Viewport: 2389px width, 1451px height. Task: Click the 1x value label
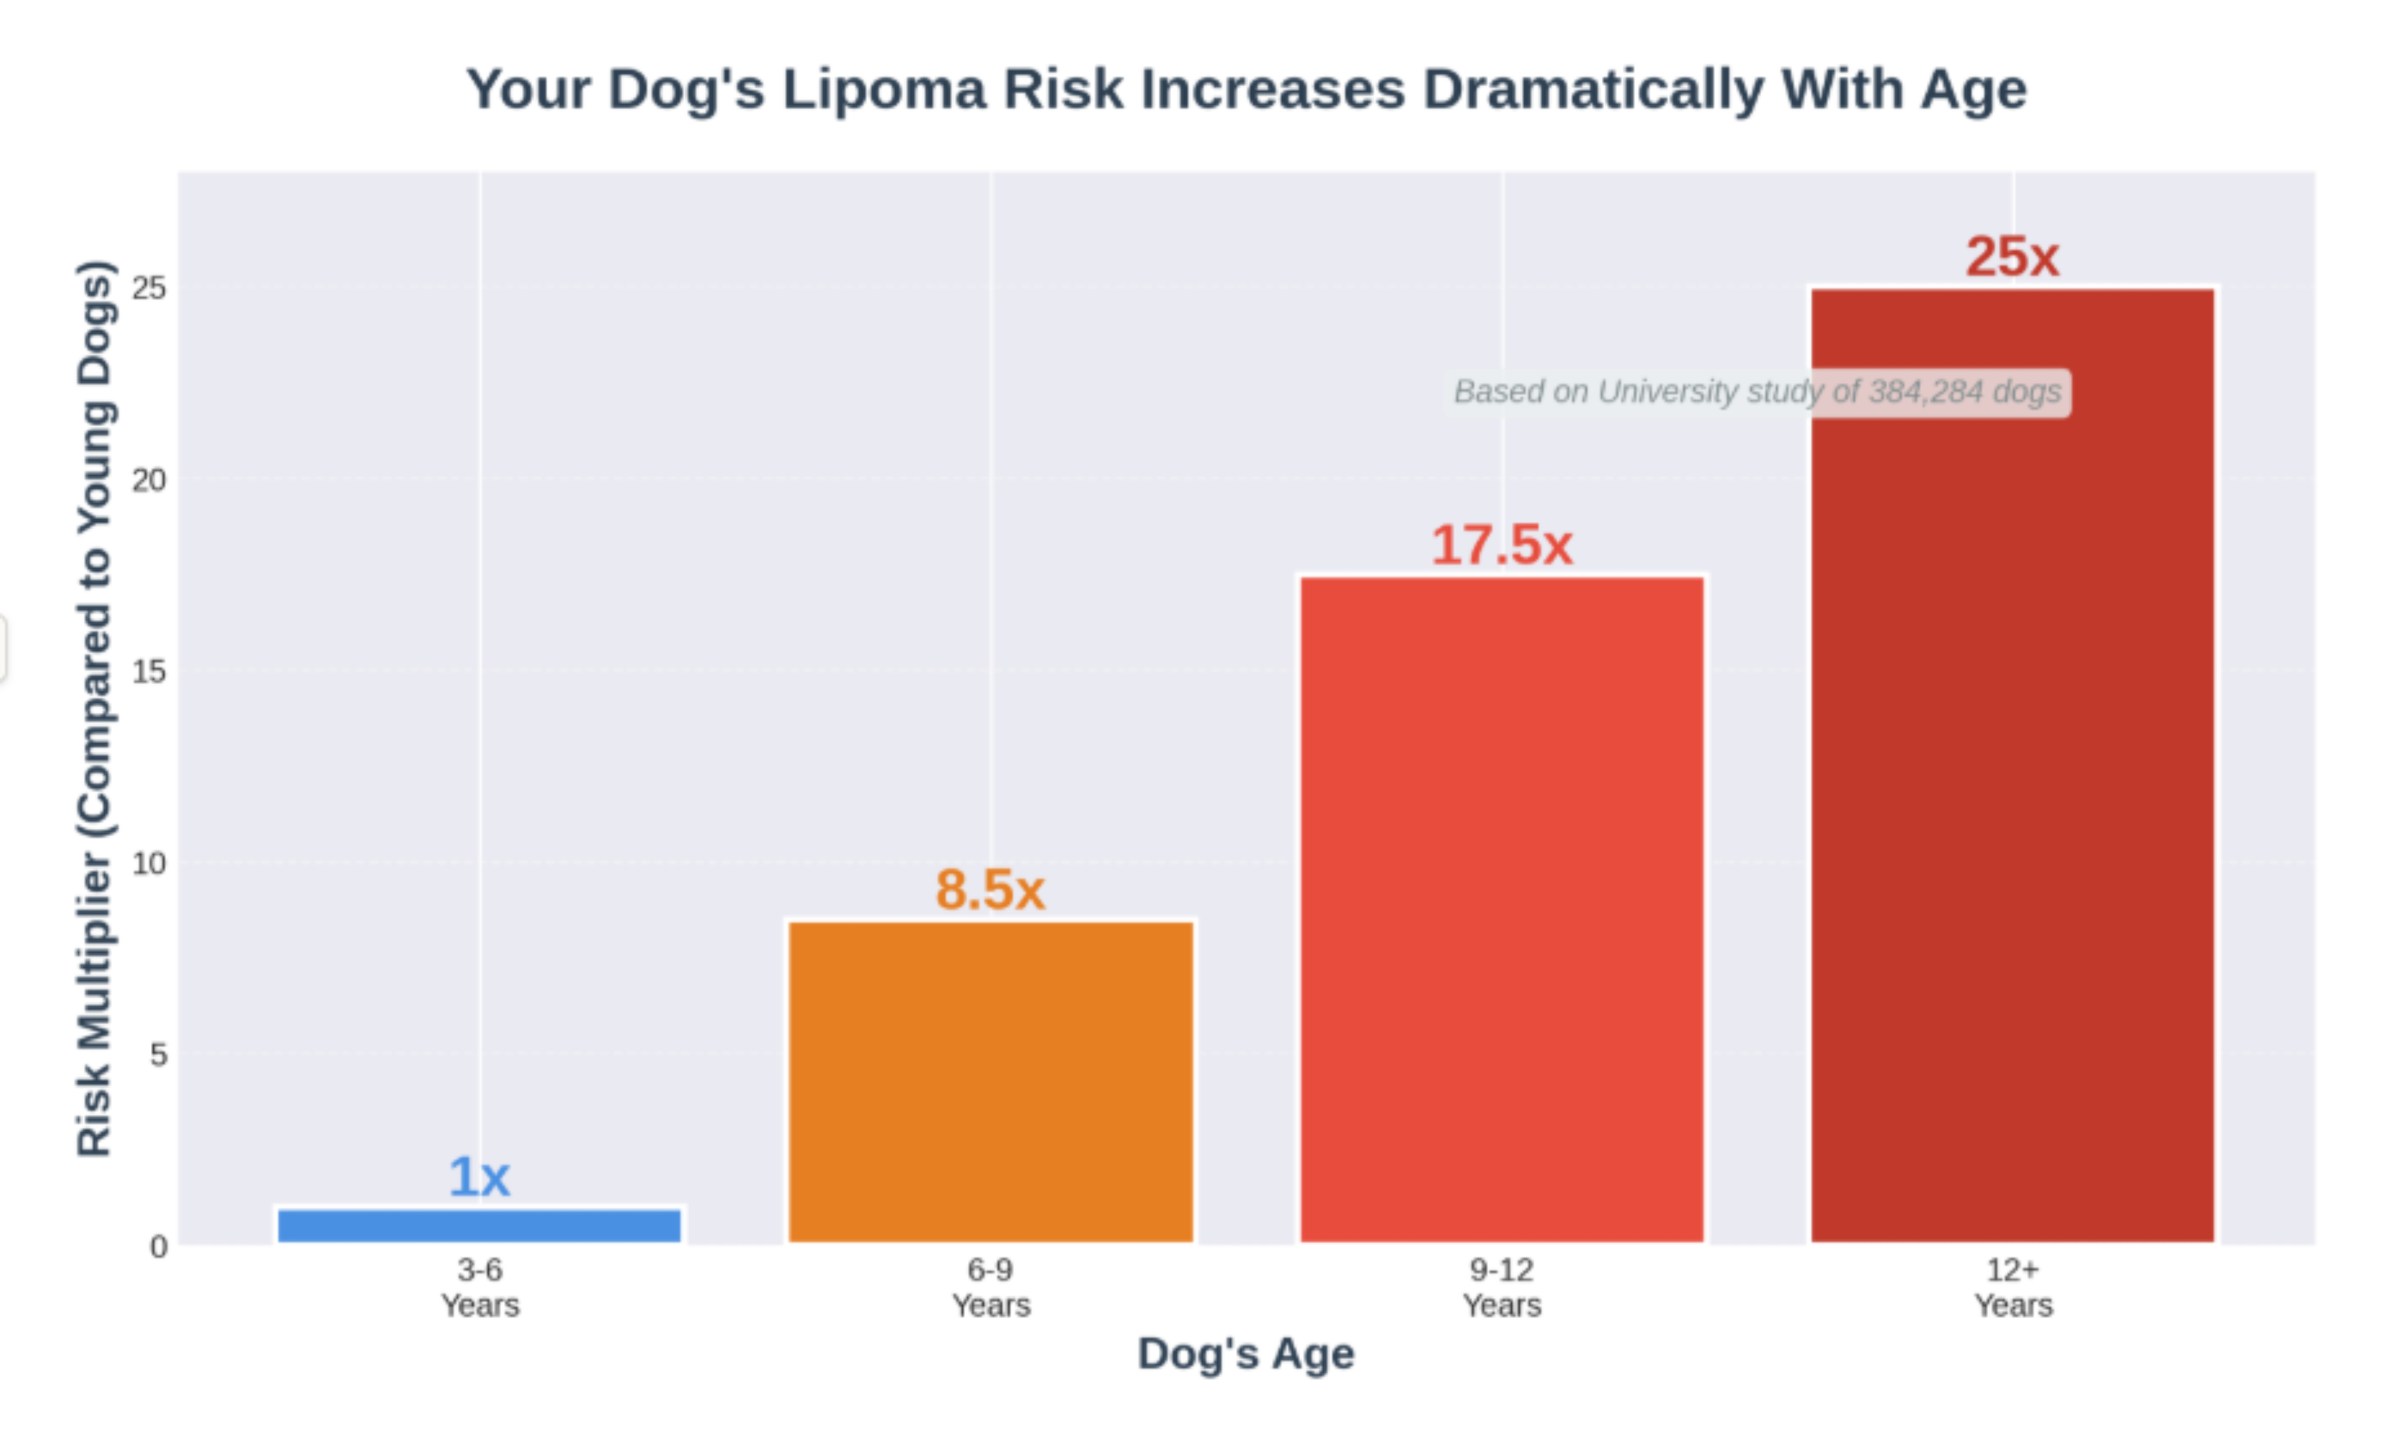(479, 1177)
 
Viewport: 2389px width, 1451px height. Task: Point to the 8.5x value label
(990, 889)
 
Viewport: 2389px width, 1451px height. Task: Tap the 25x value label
(2013, 257)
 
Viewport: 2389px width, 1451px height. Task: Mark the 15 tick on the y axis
(150, 671)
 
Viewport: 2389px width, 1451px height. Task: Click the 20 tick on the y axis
(150, 479)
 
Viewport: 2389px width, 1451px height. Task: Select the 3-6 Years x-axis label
(480, 1287)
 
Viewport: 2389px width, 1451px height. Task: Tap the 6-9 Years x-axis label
(991, 1287)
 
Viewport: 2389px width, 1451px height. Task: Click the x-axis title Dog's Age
(1246, 1353)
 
